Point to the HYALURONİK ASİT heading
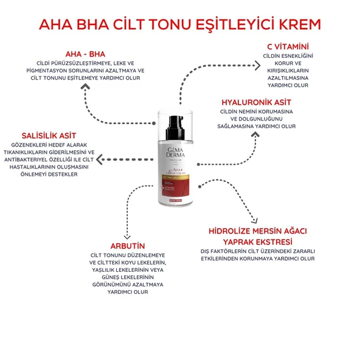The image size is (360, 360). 256,102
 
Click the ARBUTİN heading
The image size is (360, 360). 127,246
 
